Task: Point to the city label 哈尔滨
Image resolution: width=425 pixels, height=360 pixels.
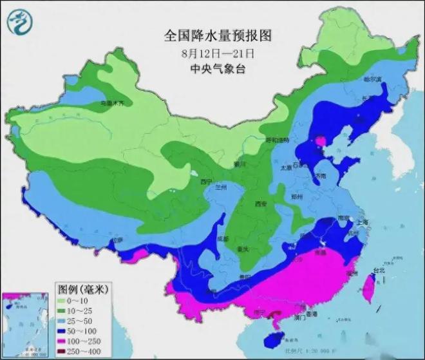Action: [373, 79]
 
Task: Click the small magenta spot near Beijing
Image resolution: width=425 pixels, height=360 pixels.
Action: [320, 140]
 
